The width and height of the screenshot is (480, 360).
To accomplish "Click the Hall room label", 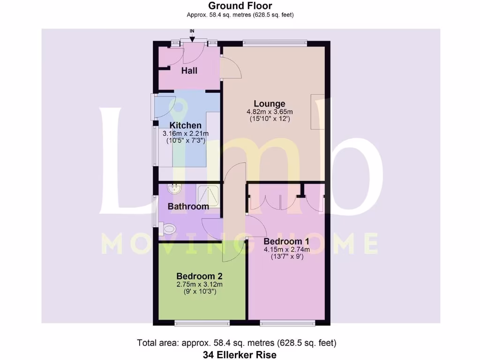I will pos(189,71).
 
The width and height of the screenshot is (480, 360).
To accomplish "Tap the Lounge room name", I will pos(270,104).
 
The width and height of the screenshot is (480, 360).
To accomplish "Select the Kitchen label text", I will pos(185,126).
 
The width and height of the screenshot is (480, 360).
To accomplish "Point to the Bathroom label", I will pos(188,206).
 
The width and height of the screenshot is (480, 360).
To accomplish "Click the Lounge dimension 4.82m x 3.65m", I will pos(270,112).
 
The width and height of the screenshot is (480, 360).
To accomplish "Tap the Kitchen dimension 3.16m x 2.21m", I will pos(185,134).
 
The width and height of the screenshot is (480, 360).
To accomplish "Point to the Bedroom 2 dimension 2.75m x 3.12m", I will pos(199,284).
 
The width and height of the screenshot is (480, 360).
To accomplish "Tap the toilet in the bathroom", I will pos(167,229).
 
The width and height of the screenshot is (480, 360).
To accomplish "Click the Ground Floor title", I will pos(240,6).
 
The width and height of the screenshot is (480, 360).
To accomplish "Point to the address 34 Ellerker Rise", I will pos(240,355).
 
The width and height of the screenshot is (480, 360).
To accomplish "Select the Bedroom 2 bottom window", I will pos(202,322).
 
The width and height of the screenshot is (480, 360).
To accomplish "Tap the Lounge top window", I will pos(275,44).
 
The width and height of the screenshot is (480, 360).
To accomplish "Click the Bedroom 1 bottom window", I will pos(287,322).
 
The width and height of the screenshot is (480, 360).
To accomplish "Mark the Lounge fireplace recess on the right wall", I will pos(318,112).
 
